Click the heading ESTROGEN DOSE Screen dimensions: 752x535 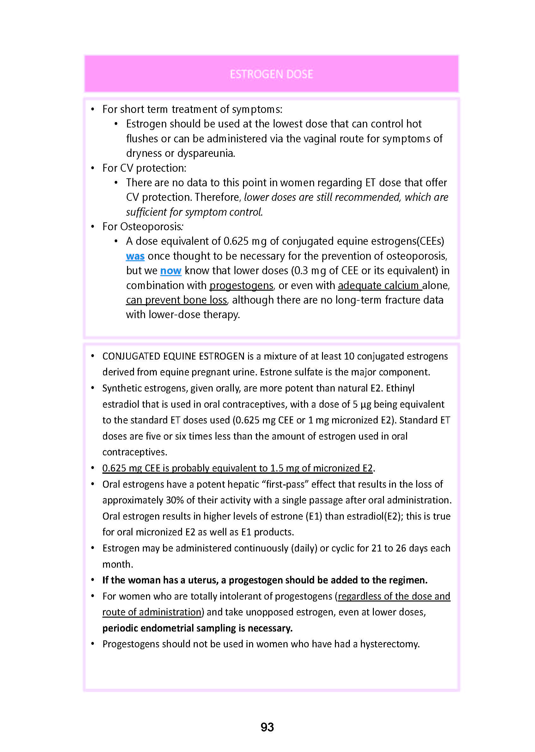[x=271, y=74]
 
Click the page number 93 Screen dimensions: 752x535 [x=267, y=727]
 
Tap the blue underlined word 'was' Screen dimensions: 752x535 [x=135, y=256]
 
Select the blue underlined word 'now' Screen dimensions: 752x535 [x=171, y=271]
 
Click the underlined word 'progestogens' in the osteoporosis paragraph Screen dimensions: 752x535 [x=241, y=286]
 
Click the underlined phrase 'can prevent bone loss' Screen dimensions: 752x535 [x=177, y=300]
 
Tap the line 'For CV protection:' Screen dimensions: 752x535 [x=144, y=168]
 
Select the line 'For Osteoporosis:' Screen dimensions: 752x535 [x=143, y=227]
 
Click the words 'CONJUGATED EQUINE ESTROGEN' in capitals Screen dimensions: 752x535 [x=173, y=356]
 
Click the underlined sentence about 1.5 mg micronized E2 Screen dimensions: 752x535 [x=237, y=468]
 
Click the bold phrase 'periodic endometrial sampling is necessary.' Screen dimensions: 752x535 [x=197, y=628]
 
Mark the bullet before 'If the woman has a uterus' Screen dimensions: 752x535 [x=93, y=580]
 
